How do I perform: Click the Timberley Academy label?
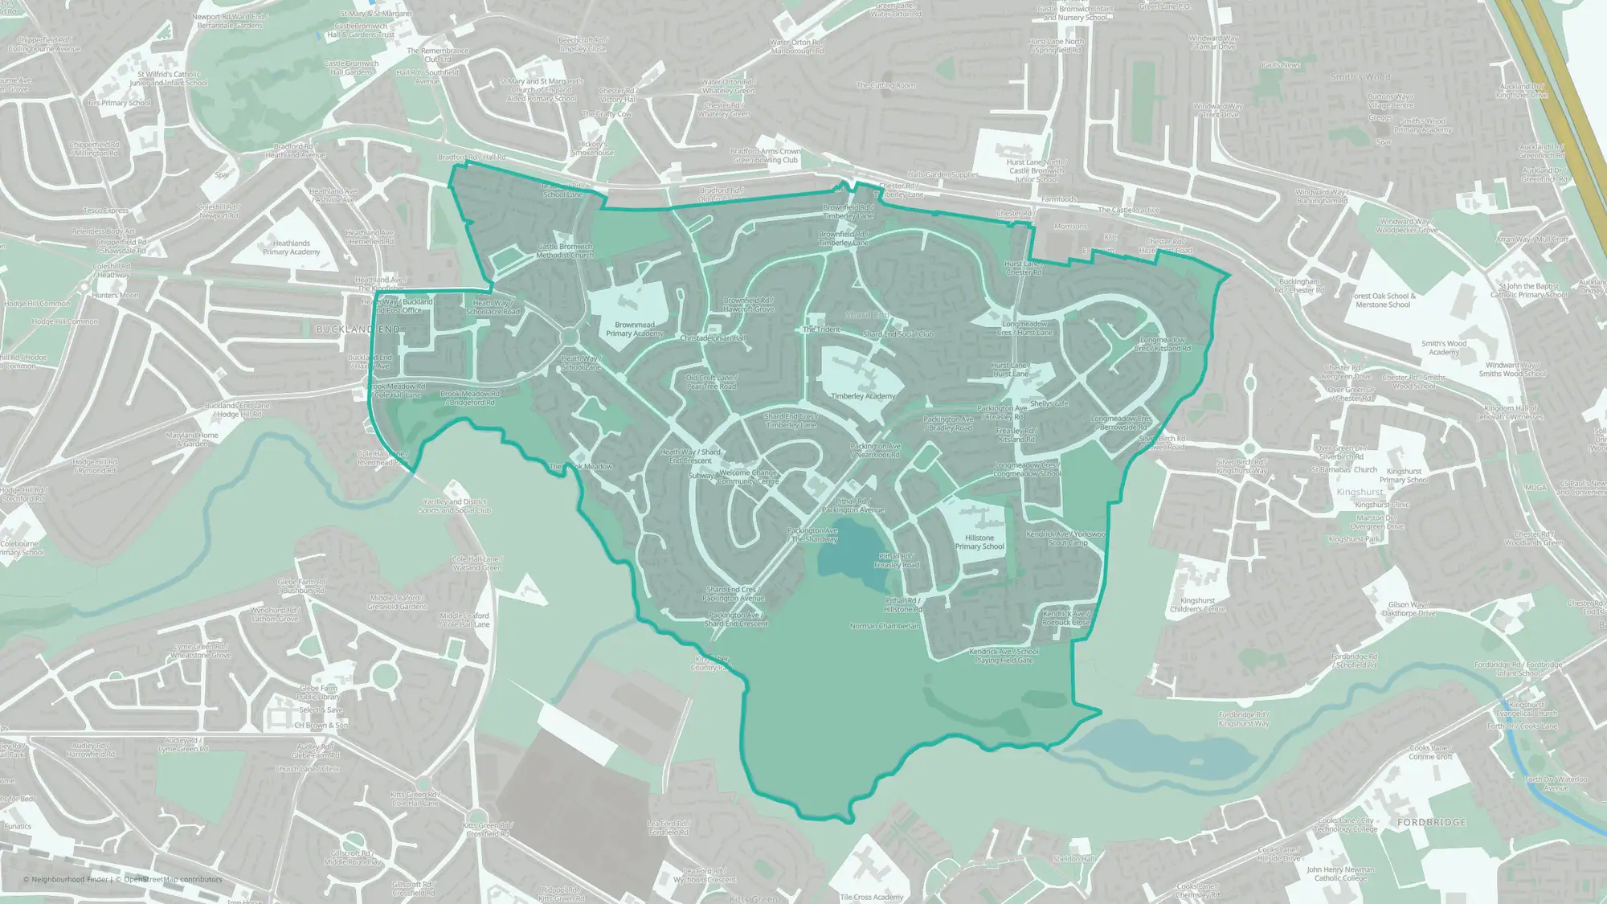[x=862, y=396]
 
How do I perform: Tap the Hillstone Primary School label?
[x=979, y=542]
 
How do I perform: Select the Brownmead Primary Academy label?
[x=634, y=329]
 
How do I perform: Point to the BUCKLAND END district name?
[x=358, y=329]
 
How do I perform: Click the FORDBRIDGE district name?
[x=1431, y=823]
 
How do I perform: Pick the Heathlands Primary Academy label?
[x=291, y=247]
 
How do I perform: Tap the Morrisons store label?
[x=1069, y=227]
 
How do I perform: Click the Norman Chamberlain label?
[x=885, y=626]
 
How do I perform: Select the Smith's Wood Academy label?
[x=1443, y=348]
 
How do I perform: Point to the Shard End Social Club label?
[x=898, y=334]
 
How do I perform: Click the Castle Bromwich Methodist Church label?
[x=564, y=251]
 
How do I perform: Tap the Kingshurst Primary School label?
[x=1404, y=476]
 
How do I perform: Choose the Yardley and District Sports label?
[x=456, y=506]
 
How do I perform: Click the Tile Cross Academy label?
[x=871, y=897]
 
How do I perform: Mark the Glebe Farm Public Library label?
[x=318, y=693]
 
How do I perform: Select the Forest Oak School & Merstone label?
[x=1383, y=301]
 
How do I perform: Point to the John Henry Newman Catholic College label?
[x=1339, y=873]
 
